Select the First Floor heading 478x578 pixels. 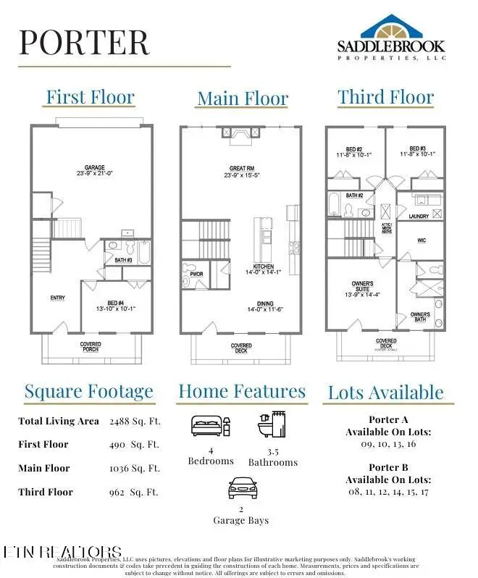tap(91, 96)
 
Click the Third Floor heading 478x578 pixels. tap(385, 97)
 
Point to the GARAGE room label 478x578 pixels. tap(90, 169)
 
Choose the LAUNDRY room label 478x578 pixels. tap(419, 216)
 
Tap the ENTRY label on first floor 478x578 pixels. tap(58, 298)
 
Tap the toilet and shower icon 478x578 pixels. tap(272, 427)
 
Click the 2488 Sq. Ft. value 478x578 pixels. tap(134, 421)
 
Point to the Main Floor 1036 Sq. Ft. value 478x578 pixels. tap(134, 469)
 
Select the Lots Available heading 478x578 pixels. tap(385, 393)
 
